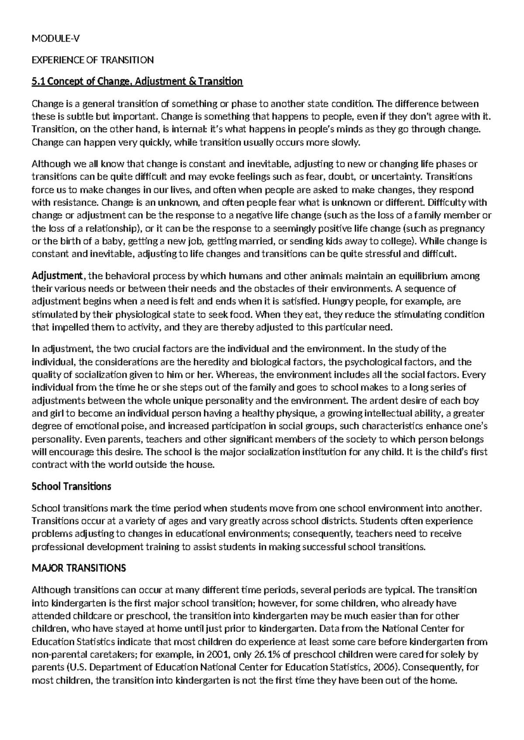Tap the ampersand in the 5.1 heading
click(x=194, y=82)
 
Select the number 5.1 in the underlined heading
click(x=38, y=82)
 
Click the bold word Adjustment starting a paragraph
click(x=57, y=276)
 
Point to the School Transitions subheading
click(x=72, y=486)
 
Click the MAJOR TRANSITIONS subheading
click(x=79, y=568)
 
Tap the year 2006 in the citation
click(x=385, y=668)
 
